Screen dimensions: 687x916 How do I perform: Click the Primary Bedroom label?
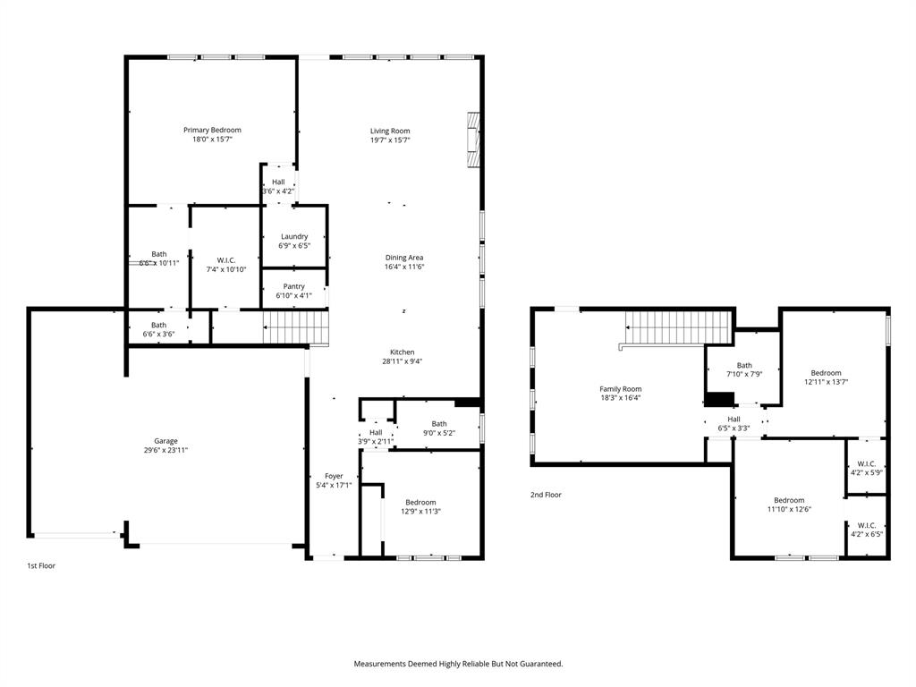coord(212,131)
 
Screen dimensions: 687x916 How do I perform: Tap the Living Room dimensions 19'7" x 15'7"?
coord(390,140)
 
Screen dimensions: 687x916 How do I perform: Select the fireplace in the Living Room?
coord(472,140)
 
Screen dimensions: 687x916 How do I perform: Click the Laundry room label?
coord(294,237)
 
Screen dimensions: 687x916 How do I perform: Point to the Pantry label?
coord(294,286)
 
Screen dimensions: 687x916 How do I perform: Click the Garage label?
coord(165,441)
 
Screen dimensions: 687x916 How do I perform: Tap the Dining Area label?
coord(404,258)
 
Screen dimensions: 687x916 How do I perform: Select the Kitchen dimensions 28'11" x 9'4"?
coord(402,362)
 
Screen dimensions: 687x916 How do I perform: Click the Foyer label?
coord(334,476)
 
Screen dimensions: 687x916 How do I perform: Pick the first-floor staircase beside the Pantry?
coord(296,327)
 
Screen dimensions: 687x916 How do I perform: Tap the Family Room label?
coord(620,389)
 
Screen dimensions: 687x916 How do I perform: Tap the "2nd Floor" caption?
coord(546,495)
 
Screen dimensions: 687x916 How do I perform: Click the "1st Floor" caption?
coord(40,565)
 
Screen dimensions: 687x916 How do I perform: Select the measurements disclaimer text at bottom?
coord(458,664)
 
